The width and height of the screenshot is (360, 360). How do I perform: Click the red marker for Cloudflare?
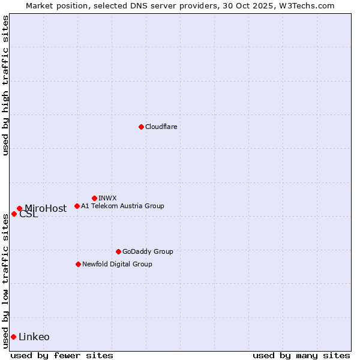pyautogui.click(x=141, y=127)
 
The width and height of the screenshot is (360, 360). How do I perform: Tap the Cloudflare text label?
pyautogui.click(x=161, y=127)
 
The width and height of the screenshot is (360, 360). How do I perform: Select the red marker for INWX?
pyautogui.click(x=94, y=198)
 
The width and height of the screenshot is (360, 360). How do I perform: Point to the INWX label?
pyautogui.click(x=107, y=198)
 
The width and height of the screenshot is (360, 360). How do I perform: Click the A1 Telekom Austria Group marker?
pyautogui.click(x=77, y=206)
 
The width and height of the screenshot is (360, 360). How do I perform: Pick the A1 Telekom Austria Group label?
pyautogui.click(x=122, y=206)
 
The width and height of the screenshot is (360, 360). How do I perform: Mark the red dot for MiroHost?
pyautogui.click(x=19, y=208)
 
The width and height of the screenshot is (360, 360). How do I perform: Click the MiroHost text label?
pyautogui.click(x=46, y=209)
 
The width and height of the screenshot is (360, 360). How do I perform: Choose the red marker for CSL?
pyautogui.click(x=14, y=214)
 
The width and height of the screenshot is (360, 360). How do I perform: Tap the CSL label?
pyautogui.click(x=28, y=214)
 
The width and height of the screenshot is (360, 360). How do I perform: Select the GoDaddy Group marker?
pyautogui.click(x=118, y=251)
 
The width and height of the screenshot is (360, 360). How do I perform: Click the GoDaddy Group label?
pyautogui.click(x=148, y=251)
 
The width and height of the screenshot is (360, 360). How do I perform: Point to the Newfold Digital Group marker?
pyautogui.click(x=78, y=264)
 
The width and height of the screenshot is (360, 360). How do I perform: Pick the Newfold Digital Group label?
pyautogui.click(x=117, y=264)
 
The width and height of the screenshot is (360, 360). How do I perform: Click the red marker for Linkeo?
pyautogui.click(x=13, y=337)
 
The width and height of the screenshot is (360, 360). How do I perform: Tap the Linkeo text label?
pyautogui.click(x=34, y=337)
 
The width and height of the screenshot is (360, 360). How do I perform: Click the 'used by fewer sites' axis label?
pyautogui.click(x=62, y=355)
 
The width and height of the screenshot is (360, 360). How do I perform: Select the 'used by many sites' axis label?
pyautogui.click(x=301, y=355)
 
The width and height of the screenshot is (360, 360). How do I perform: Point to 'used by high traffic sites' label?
pyautogui.click(x=5, y=85)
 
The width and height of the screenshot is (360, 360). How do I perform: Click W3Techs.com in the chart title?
pyautogui.click(x=305, y=5)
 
